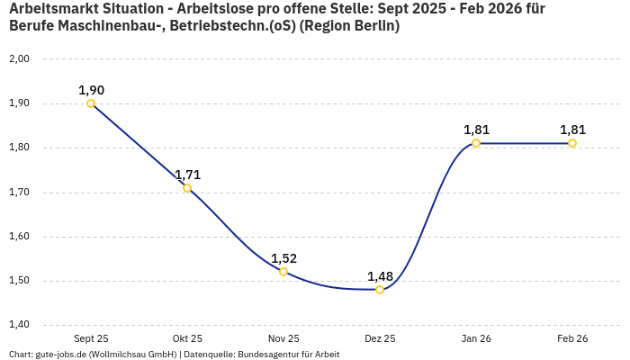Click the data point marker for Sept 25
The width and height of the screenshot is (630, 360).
click(91, 103)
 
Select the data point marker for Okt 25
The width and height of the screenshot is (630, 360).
click(187, 188)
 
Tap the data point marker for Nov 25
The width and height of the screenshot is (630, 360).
click(283, 272)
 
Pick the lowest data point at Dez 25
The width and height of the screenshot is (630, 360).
click(380, 290)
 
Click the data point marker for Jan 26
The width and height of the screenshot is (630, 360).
click(476, 143)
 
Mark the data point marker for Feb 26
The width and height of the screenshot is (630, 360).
click(572, 143)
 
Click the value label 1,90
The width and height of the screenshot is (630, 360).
click(91, 90)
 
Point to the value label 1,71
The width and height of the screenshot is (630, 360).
click(187, 175)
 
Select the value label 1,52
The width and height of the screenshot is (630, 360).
click(283, 258)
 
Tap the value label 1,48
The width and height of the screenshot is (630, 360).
click(380, 276)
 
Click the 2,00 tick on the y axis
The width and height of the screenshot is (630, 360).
click(19, 59)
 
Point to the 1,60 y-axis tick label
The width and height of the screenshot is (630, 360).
click(19, 237)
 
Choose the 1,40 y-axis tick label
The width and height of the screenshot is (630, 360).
click(19, 325)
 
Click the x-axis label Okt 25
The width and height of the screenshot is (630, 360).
click(187, 338)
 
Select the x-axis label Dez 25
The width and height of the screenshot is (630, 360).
click(380, 338)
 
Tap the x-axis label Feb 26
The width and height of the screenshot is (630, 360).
click(572, 338)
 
